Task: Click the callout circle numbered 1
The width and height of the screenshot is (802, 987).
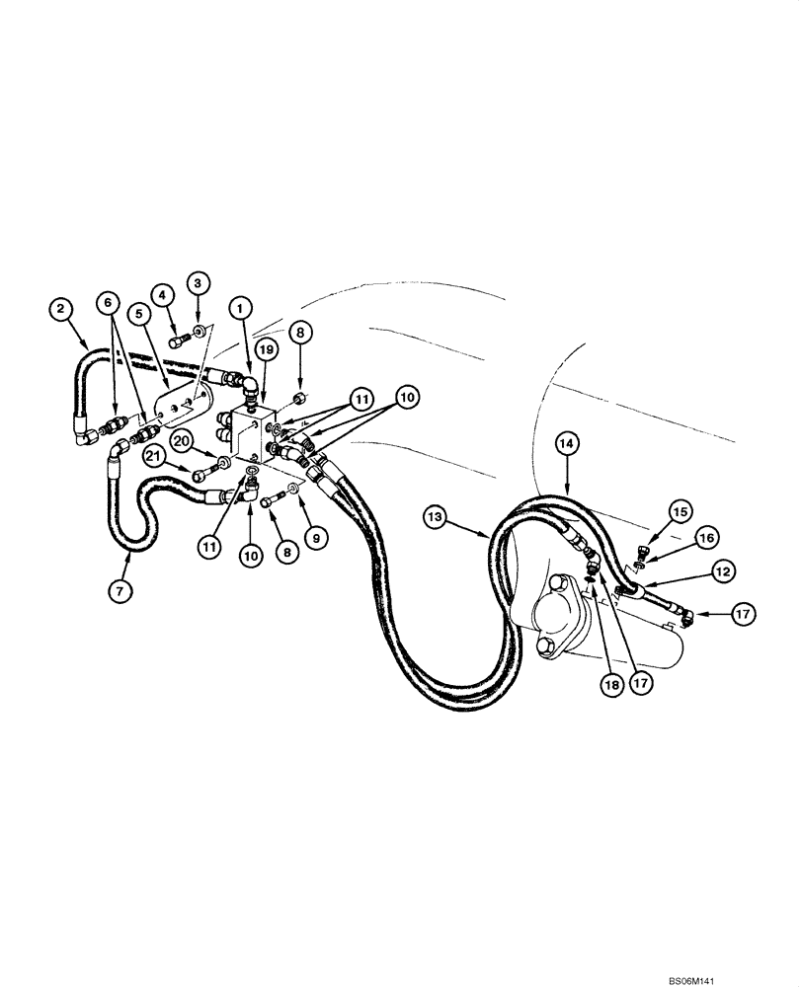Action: [x=238, y=307]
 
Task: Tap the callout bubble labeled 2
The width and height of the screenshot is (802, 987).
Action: [x=61, y=309]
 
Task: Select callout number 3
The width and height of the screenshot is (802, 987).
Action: [x=197, y=283]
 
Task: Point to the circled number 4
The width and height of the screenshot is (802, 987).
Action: [x=161, y=292]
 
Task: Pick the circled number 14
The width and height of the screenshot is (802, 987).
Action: [x=568, y=444]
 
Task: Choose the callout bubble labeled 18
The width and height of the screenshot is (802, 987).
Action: [x=608, y=681]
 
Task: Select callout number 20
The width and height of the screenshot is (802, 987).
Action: [x=181, y=439]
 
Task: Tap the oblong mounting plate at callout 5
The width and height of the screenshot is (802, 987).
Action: [x=178, y=410]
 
